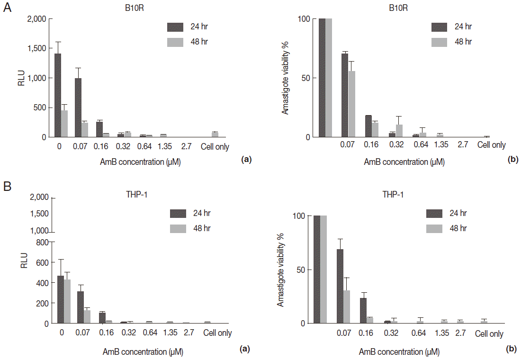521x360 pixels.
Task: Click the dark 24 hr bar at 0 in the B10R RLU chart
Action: [58, 95]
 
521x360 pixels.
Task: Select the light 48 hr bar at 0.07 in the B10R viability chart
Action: [351, 104]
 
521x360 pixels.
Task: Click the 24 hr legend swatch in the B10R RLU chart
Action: [175, 27]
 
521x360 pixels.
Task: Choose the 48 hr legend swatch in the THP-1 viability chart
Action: [434, 228]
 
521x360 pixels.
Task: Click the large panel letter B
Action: [8, 186]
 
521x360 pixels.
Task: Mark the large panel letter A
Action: [8, 9]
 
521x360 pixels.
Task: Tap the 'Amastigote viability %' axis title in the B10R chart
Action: [286, 78]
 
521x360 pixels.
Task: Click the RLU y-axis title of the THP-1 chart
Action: [25, 261]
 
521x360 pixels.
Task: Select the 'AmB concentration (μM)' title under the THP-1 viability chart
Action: [399, 352]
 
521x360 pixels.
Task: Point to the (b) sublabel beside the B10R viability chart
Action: [513, 160]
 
